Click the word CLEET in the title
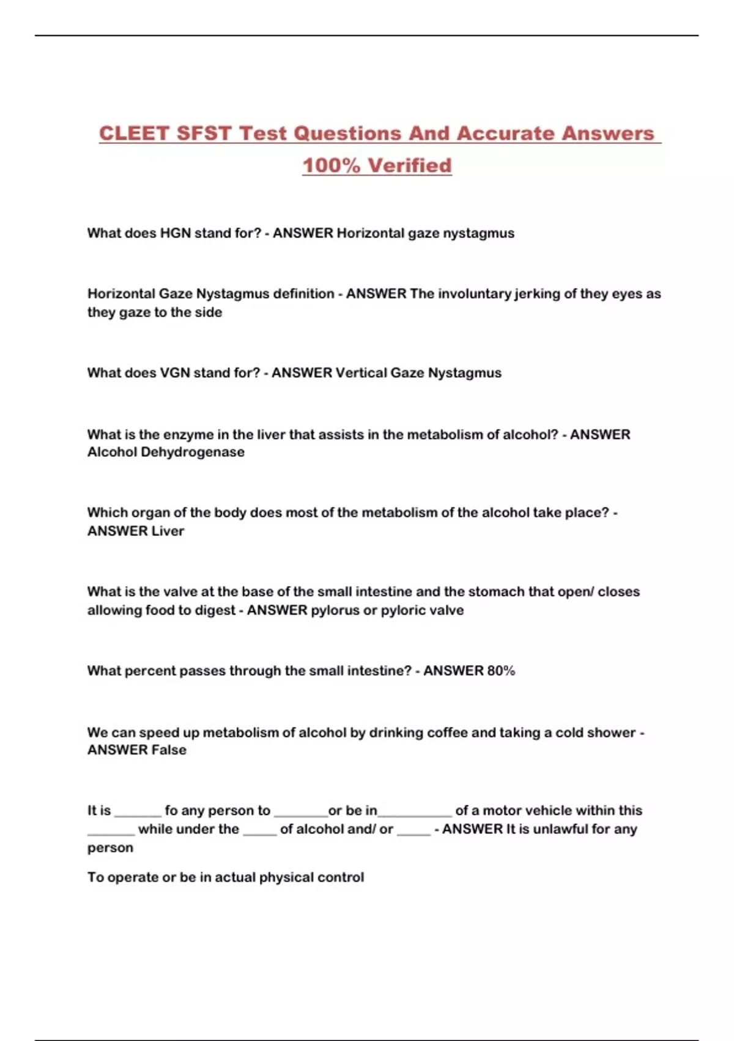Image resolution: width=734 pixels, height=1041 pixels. (134, 133)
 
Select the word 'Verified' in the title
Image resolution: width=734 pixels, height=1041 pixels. (410, 165)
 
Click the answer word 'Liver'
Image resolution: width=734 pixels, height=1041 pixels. (168, 531)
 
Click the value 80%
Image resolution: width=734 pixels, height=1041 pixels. (501, 671)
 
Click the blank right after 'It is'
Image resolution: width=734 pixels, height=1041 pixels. (138, 812)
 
